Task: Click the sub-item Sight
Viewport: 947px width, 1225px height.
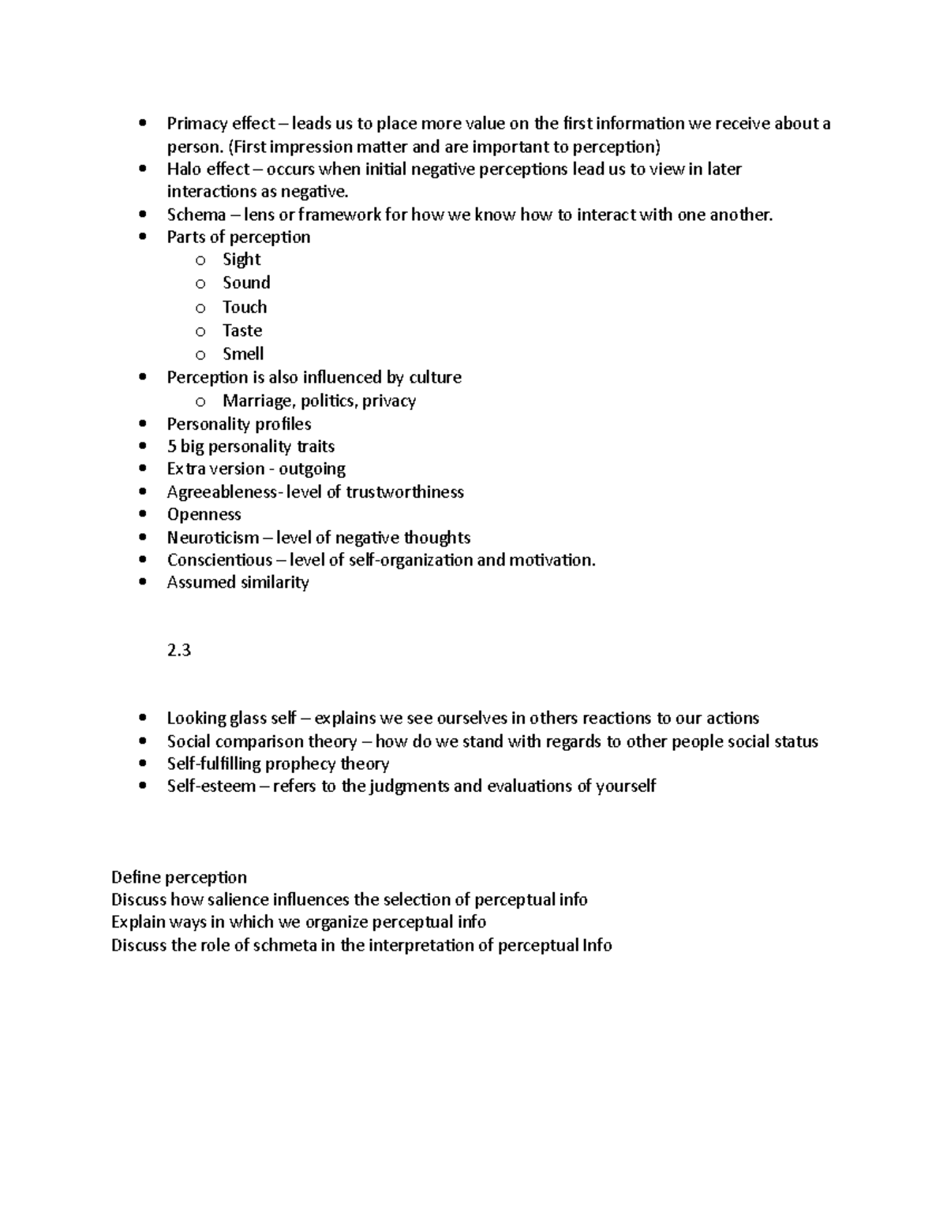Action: coord(241,260)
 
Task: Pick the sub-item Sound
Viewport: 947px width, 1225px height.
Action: coord(246,282)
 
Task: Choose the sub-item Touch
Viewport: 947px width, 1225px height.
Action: coord(245,307)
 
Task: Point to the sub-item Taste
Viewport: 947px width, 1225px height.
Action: coord(242,331)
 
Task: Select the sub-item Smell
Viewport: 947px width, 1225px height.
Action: coord(243,354)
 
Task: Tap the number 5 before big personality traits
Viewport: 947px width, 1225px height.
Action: coord(171,446)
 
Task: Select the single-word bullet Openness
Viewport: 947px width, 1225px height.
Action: coord(204,514)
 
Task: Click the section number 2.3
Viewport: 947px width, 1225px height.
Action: coord(179,651)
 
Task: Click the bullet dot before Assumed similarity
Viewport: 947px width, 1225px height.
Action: coord(142,583)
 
